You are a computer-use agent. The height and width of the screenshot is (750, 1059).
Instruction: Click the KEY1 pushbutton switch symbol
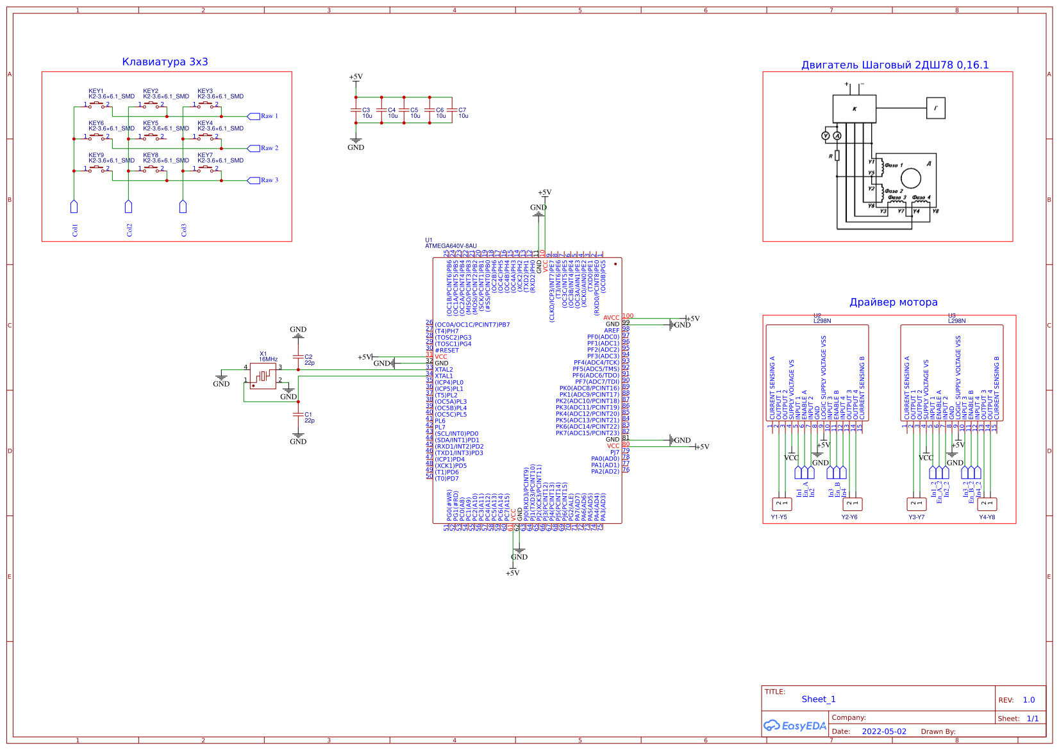coord(96,104)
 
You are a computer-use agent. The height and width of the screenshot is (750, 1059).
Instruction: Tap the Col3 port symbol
coord(183,207)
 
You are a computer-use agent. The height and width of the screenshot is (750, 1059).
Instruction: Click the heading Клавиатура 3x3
coord(165,62)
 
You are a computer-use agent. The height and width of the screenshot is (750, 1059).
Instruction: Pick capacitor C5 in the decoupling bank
coord(404,110)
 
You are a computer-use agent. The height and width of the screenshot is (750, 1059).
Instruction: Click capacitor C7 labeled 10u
coord(452,110)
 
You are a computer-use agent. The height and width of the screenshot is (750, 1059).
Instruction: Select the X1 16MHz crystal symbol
coord(263,376)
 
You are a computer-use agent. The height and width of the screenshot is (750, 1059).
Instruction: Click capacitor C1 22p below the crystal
coord(298,415)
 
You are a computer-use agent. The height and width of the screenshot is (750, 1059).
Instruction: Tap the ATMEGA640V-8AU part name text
coord(451,246)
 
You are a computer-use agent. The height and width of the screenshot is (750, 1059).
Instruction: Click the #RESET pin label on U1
coord(447,351)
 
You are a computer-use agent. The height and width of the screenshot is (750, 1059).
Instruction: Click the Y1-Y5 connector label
coord(779,517)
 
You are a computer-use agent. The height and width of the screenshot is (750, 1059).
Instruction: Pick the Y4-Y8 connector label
coord(987,517)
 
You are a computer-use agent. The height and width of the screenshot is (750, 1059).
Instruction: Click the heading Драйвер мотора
coord(893,303)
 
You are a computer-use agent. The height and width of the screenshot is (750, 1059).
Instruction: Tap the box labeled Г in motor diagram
coord(935,108)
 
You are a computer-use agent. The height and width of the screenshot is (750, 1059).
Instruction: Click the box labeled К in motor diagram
coord(854,109)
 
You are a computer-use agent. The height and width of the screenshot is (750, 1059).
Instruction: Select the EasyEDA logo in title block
coord(795,726)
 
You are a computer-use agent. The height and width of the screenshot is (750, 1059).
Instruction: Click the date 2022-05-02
coord(884,731)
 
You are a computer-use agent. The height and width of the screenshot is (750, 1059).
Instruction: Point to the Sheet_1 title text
coord(818,699)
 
